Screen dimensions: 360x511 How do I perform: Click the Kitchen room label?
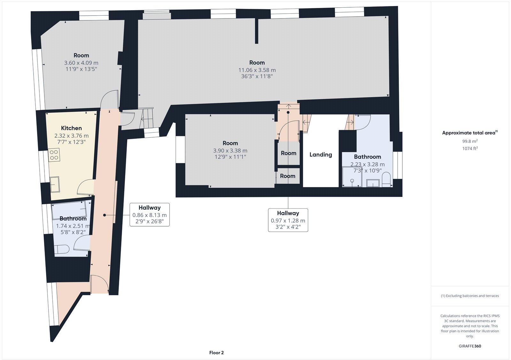click(x=71, y=128)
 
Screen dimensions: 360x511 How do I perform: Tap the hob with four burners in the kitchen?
click(x=54, y=154)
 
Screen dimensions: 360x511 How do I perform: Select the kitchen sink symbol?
click(x=55, y=184)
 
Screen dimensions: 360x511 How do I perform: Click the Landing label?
click(x=321, y=154)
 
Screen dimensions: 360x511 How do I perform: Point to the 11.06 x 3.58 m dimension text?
click(x=257, y=70)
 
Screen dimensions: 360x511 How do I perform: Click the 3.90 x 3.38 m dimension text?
click(x=230, y=150)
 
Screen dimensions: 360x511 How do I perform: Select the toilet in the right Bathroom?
click(x=386, y=180)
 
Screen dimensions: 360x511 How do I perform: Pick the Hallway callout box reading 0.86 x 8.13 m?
click(x=149, y=215)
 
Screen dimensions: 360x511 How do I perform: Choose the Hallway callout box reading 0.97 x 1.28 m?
click(x=288, y=220)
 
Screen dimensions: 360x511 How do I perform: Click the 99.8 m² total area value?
click(x=469, y=141)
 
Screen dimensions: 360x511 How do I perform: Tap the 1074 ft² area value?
click(x=470, y=148)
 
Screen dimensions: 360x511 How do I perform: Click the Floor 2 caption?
click(x=216, y=353)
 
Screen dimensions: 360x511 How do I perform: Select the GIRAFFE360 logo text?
click(x=470, y=346)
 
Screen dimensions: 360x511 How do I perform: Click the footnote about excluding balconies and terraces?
click(x=470, y=296)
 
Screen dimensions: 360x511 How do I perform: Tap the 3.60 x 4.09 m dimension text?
click(x=81, y=63)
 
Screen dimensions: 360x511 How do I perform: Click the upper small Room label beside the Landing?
click(x=288, y=153)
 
